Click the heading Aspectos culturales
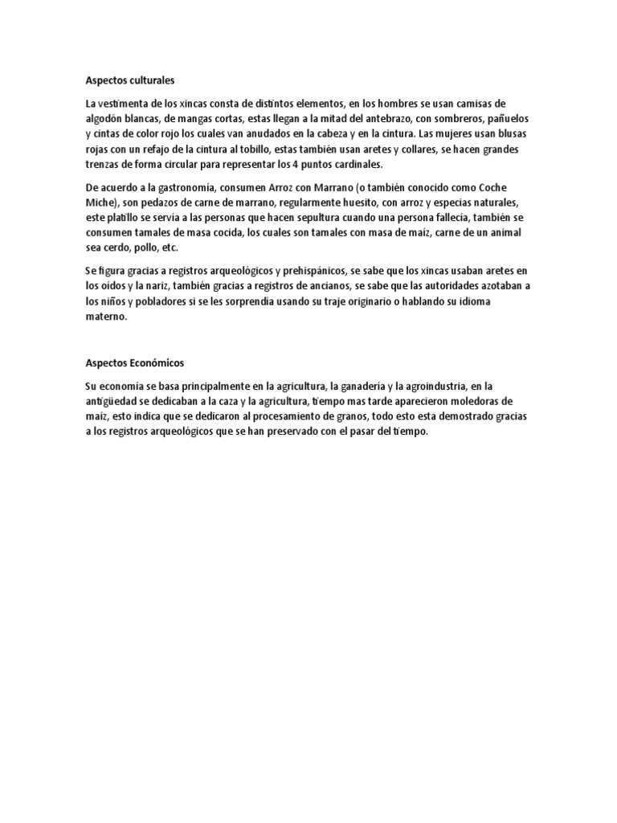point(129,80)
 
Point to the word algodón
point(104,118)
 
